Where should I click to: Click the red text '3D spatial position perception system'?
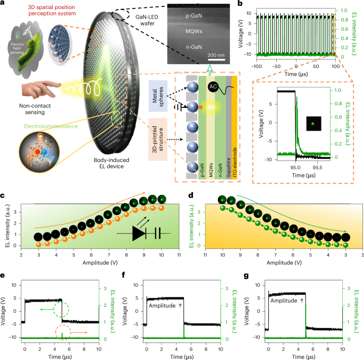coord(44,7)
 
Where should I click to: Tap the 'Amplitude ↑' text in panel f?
coord(163,305)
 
